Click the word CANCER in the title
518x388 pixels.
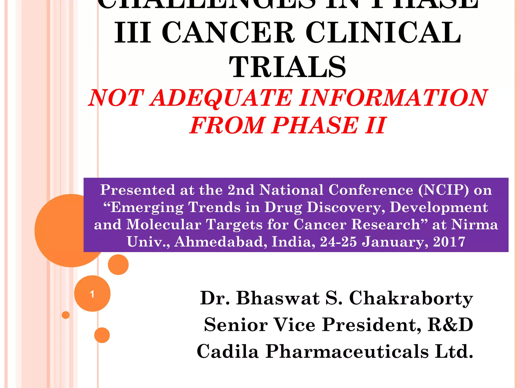point(228,33)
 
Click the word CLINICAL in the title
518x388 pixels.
point(383,33)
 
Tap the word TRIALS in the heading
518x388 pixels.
point(288,67)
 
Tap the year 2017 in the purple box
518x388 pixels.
point(449,242)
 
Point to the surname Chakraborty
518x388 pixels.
point(411,298)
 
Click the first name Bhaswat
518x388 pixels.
point(278,298)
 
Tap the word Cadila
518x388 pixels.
point(228,351)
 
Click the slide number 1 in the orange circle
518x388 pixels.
point(92,294)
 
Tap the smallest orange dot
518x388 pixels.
point(66,315)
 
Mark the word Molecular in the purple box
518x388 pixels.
point(164,224)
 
